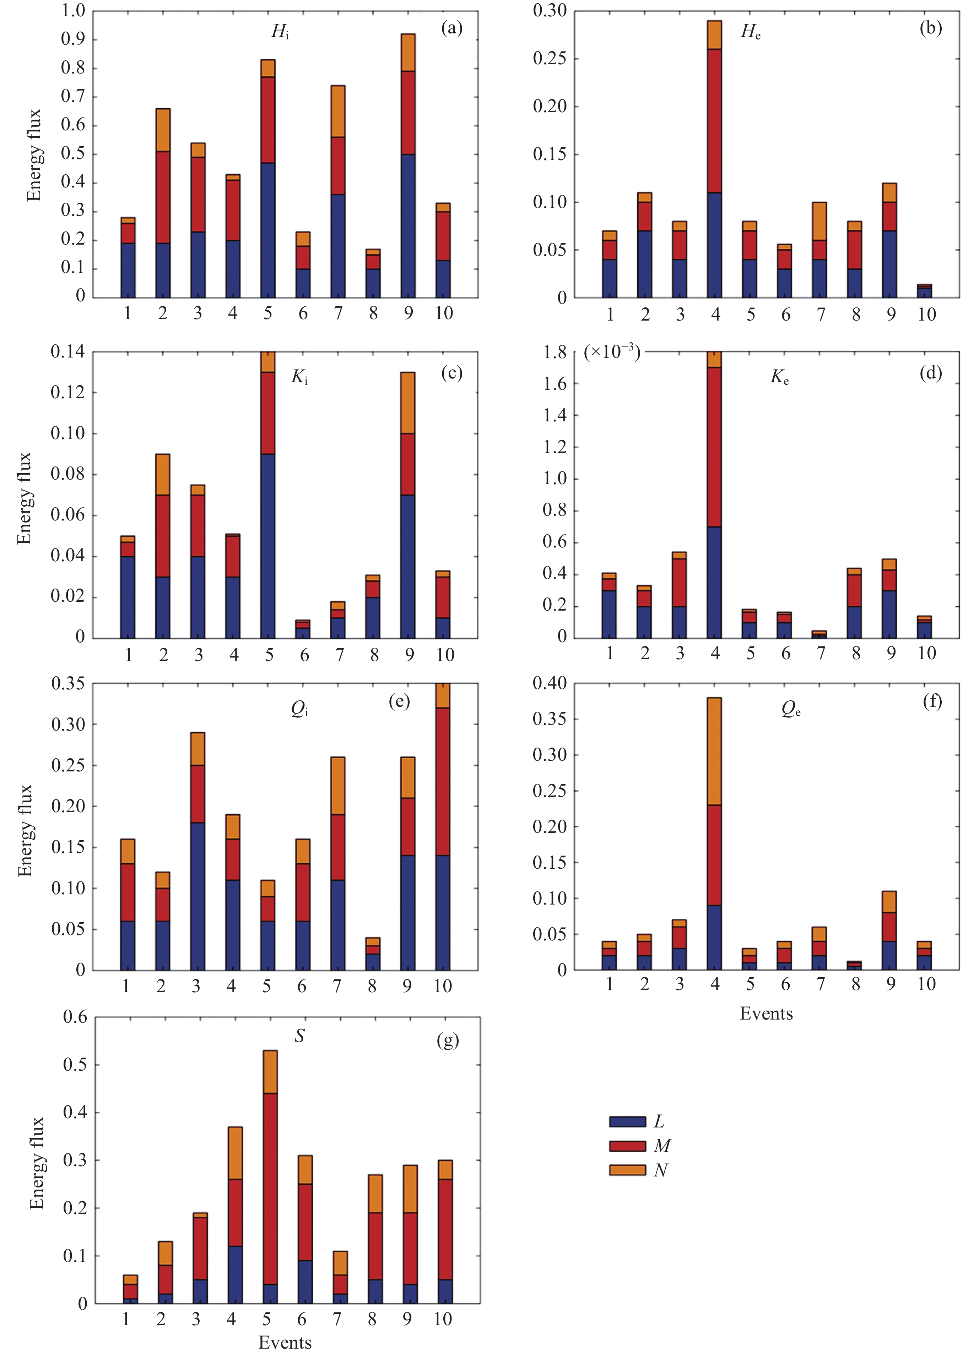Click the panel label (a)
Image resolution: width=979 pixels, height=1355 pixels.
pyautogui.click(x=451, y=28)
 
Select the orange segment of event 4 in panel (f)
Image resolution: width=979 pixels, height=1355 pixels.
pyautogui.click(x=714, y=751)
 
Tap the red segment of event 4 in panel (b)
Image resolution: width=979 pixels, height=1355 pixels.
pyautogui.click(x=714, y=121)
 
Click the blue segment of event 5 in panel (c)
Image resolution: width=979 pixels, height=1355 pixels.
pyautogui.click(x=268, y=546)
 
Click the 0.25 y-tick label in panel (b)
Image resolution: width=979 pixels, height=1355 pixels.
pyautogui.click(x=550, y=59)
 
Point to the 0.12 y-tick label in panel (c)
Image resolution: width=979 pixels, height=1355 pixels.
pyautogui.click(x=67, y=393)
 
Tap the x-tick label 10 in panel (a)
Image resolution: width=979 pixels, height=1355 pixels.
pyautogui.click(x=443, y=313)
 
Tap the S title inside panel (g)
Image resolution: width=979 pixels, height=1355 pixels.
pyautogui.click(x=299, y=1036)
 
